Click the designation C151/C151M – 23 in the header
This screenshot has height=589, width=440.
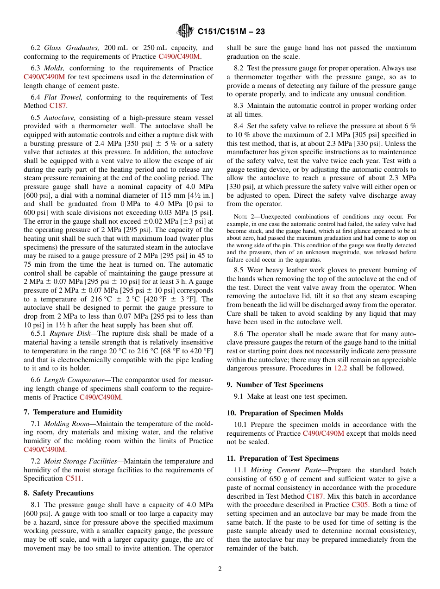(231, 32)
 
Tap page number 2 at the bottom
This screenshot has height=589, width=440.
(220, 569)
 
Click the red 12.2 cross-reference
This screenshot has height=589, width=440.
(340, 369)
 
